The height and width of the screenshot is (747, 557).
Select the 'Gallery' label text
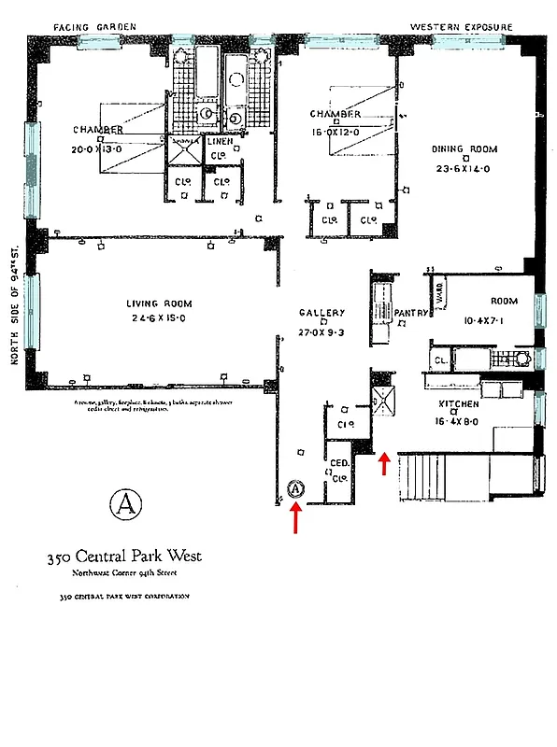click(321, 313)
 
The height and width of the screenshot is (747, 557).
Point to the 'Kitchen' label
click(460, 404)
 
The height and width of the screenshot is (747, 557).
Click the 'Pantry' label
click(410, 313)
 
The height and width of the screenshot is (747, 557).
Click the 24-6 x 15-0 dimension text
click(159, 318)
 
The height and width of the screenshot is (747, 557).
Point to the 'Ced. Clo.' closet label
click(337, 467)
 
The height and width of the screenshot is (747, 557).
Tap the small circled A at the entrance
click(296, 487)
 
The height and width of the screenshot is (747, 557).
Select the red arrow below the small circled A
click(296, 518)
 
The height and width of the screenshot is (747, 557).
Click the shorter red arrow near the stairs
click(383, 463)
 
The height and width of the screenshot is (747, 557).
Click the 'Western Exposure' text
click(462, 27)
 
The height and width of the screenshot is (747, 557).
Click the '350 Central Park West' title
click(123, 557)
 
